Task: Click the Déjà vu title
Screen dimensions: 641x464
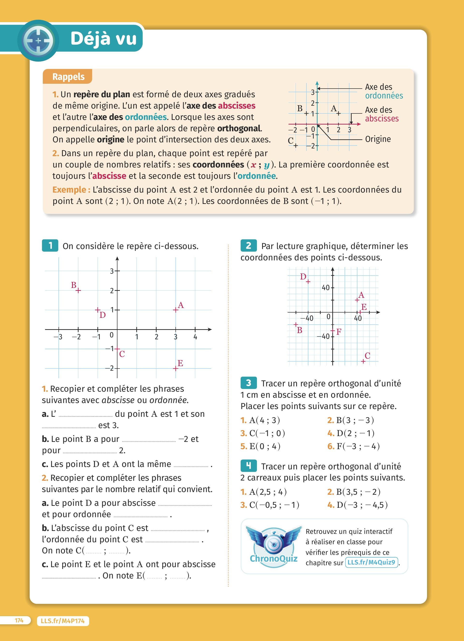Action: [x=103, y=38]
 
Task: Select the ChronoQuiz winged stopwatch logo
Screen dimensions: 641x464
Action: [x=273, y=545]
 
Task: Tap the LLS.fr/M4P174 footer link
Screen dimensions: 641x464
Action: [x=63, y=621]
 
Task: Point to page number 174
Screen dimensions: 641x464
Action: [x=19, y=620]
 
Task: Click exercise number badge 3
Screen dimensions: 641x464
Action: [x=248, y=383]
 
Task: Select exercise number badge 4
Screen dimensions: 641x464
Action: [x=248, y=466]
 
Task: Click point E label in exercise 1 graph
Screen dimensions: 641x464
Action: [x=180, y=363]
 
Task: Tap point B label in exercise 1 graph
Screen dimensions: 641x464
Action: [x=73, y=285]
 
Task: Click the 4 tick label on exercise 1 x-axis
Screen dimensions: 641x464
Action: [x=195, y=337]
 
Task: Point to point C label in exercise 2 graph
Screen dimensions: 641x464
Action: [x=367, y=355]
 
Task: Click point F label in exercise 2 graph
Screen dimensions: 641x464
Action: [x=339, y=332]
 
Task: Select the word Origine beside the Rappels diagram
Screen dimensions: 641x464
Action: [x=378, y=139]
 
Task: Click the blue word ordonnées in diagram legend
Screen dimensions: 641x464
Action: [x=384, y=96]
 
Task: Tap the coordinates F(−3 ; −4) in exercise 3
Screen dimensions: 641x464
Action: [x=358, y=446]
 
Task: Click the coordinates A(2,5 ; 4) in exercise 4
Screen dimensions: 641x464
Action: [x=268, y=492]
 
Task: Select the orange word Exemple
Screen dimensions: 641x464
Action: [x=71, y=190]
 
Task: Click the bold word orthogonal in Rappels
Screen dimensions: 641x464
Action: [x=239, y=128]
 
